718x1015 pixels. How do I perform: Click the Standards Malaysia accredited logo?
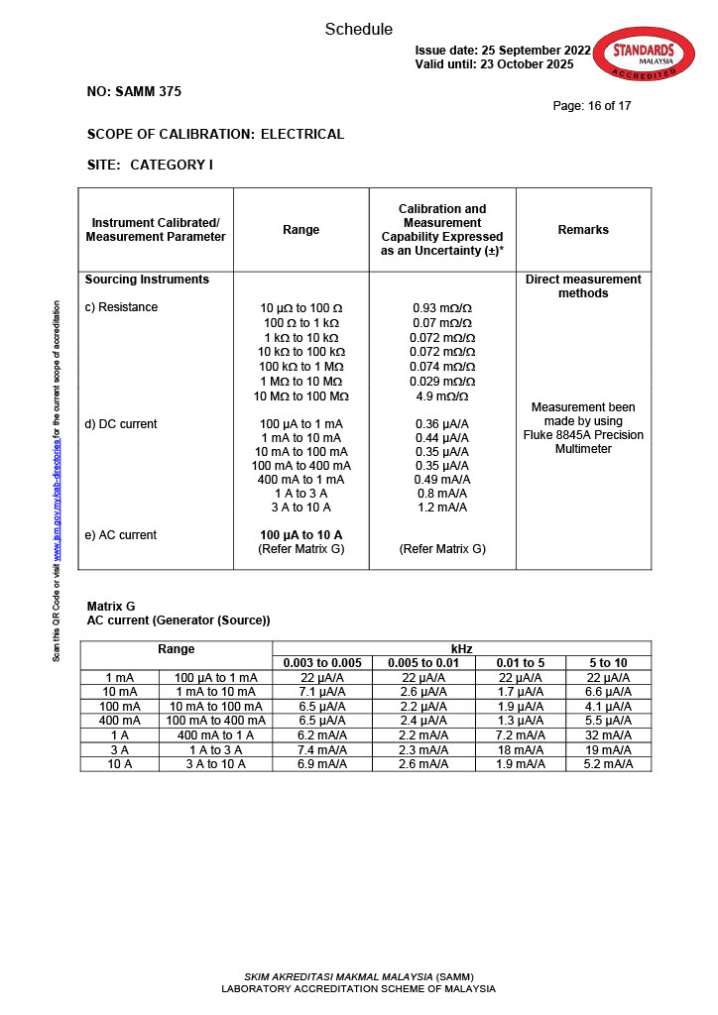coord(643,56)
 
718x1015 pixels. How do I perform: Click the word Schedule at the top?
coord(359,30)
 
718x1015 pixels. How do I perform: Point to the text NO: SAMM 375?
coord(134,92)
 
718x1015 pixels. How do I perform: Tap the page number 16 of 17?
coord(592,106)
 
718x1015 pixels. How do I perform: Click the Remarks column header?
coord(583,230)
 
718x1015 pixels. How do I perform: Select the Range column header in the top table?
coord(301,230)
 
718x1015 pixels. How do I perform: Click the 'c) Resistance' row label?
coord(121,307)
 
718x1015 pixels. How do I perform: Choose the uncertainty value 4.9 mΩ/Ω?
coord(441,396)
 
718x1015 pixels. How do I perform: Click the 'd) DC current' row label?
coord(121,424)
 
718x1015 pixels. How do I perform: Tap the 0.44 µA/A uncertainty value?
coord(441,438)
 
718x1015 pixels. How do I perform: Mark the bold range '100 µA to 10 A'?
coord(300,535)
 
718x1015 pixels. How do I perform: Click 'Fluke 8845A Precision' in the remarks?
coord(583,435)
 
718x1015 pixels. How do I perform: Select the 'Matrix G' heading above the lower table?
coord(111,606)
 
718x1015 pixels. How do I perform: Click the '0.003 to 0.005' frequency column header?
coord(322,663)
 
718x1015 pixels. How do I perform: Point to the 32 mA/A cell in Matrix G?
coord(608,734)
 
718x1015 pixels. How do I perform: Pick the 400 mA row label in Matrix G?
coord(119,721)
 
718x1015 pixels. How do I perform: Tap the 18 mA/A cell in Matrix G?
coord(521,749)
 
